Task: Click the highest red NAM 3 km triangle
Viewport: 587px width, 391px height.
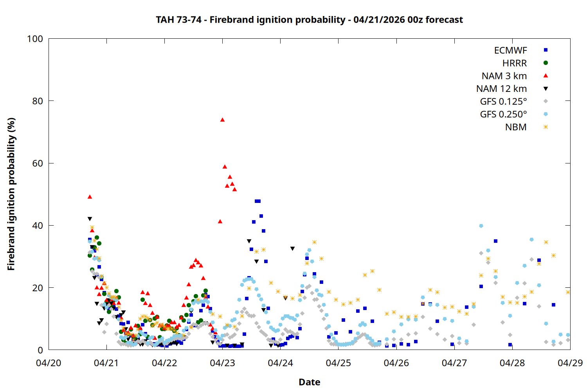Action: [x=222, y=120]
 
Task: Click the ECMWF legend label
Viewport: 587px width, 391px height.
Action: [x=510, y=50]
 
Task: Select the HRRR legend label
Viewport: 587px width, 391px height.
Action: [x=515, y=63]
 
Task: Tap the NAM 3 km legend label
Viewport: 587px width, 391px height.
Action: [x=504, y=76]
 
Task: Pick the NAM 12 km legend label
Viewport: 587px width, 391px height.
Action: [x=501, y=89]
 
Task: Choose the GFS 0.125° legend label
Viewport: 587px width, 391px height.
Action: [x=503, y=102]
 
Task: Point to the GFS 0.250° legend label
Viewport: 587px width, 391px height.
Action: [x=503, y=115]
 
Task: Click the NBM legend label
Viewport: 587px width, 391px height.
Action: [x=516, y=127]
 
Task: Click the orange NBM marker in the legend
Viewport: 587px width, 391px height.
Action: [x=546, y=127]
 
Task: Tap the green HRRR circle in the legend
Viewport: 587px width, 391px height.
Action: [x=546, y=63]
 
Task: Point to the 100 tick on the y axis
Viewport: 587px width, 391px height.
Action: [x=35, y=39]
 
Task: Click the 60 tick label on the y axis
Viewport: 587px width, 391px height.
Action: [x=38, y=163]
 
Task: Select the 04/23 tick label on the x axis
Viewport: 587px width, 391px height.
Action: [x=222, y=363]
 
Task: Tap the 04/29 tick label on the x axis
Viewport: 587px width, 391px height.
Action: [x=570, y=363]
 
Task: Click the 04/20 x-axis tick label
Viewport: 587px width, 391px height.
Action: [x=49, y=363]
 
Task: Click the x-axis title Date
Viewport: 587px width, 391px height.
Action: [x=309, y=382]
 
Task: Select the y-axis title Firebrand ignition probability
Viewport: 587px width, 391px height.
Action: [x=11, y=194]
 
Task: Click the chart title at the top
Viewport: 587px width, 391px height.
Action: [x=309, y=20]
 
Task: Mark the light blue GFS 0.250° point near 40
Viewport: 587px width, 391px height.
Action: [x=481, y=226]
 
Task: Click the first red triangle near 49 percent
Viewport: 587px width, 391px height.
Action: [x=90, y=197]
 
